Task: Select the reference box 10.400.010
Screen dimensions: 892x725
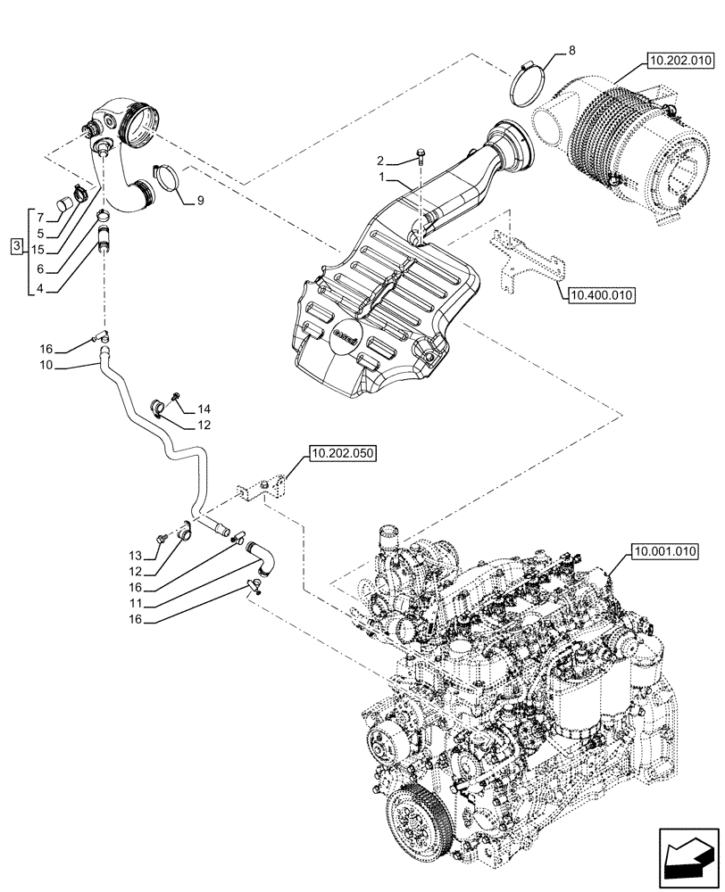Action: [599, 293]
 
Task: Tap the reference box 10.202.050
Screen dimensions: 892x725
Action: [344, 455]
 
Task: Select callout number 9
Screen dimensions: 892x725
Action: [200, 202]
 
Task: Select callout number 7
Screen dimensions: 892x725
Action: [39, 216]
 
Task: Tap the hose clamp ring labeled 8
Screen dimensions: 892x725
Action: [529, 83]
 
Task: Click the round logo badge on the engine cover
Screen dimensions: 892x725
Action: [346, 336]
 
